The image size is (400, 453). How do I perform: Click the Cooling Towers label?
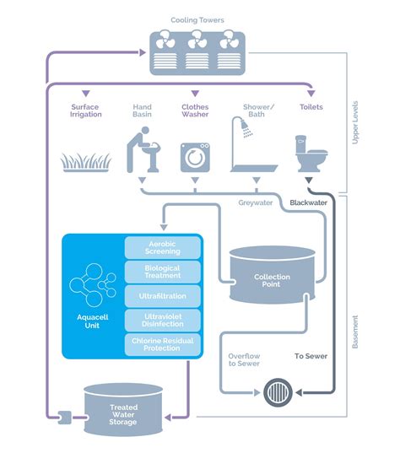(x=197, y=20)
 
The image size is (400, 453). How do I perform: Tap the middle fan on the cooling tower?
(x=197, y=40)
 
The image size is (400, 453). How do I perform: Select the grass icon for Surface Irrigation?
(x=86, y=162)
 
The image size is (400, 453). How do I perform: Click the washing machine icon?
(x=195, y=157)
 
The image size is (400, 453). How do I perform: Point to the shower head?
(x=246, y=128)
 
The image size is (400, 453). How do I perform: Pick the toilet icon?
(x=311, y=154)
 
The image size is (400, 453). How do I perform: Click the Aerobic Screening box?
(x=163, y=248)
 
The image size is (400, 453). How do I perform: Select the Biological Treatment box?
(x=163, y=272)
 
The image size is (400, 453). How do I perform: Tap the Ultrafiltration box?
(x=163, y=296)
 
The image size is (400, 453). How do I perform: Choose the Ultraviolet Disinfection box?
(x=163, y=320)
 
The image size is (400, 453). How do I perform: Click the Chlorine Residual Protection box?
(x=163, y=344)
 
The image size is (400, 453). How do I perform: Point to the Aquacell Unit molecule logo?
(x=93, y=285)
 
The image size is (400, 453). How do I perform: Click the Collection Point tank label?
(x=272, y=281)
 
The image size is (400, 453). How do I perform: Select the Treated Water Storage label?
(x=123, y=414)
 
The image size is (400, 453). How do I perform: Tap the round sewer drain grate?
(x=278, y=392)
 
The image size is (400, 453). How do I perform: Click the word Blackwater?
(x=308, y=202)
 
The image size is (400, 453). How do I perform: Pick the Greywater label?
(x=256, y=202)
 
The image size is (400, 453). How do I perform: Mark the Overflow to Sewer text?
(x=244, y=359)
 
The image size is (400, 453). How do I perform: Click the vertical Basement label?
(x=355, y=332)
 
